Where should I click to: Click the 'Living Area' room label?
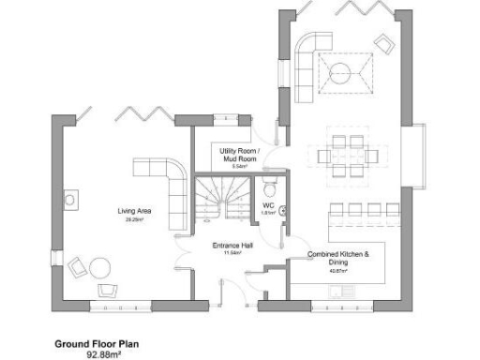click(x=135, y=211)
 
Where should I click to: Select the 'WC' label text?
click(x=267, y=205)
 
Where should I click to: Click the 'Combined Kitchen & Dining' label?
click(x=338, y=259)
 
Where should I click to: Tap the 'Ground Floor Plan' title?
click(x=97, y=344)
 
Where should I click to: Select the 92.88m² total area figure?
click(x=105, y=354)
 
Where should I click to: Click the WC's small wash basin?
click(x=281, y=210)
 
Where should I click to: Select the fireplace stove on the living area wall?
click(x=70, y=200)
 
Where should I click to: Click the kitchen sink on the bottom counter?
click(x=343, y=292)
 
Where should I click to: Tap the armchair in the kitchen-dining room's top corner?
click(x=383, y=42)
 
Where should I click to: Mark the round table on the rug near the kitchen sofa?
click(x=343, y=72)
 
